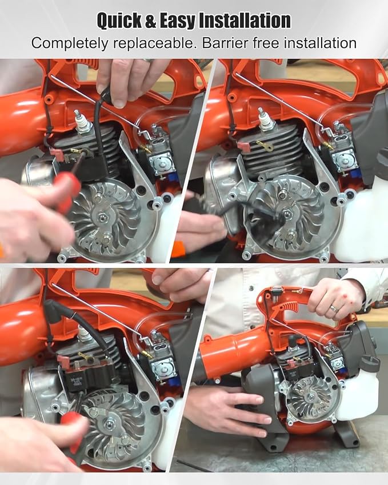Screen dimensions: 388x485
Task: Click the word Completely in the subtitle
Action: point(70,43)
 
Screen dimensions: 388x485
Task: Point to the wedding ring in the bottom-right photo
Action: point(334,308)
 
